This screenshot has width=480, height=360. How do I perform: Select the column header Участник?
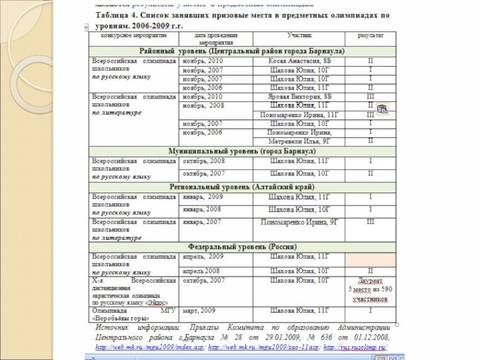point(299,36)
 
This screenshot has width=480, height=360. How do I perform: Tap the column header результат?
point(370,36)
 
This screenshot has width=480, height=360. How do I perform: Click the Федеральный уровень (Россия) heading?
point(241,247)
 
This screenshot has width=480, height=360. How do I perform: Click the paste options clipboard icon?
point(383,109)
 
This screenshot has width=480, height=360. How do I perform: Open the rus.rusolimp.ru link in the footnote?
point(359,347)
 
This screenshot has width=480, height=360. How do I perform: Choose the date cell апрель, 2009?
point(202,256)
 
